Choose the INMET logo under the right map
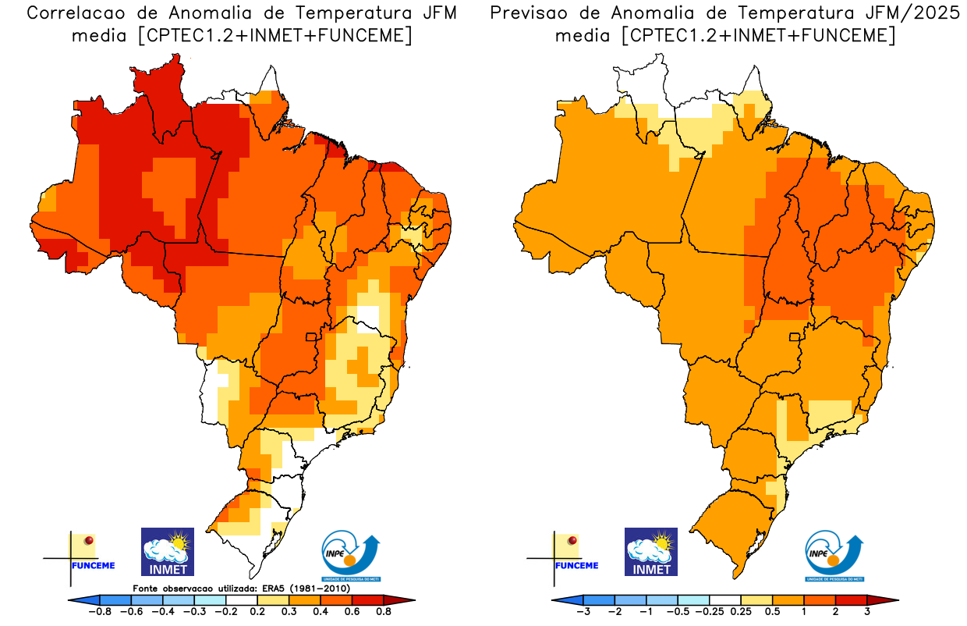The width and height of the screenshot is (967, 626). [x=651, y=552]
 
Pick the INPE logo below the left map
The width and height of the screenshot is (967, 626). [x=351, y=556]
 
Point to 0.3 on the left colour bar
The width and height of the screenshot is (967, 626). [x=290, y=612]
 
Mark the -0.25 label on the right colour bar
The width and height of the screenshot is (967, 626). [x=710, y=612]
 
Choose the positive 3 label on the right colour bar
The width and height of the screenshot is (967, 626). [x=867, y=612]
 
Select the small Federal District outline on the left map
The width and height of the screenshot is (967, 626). [x=311, y=337]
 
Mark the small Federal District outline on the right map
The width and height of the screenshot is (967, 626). [x=795, y=337]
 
